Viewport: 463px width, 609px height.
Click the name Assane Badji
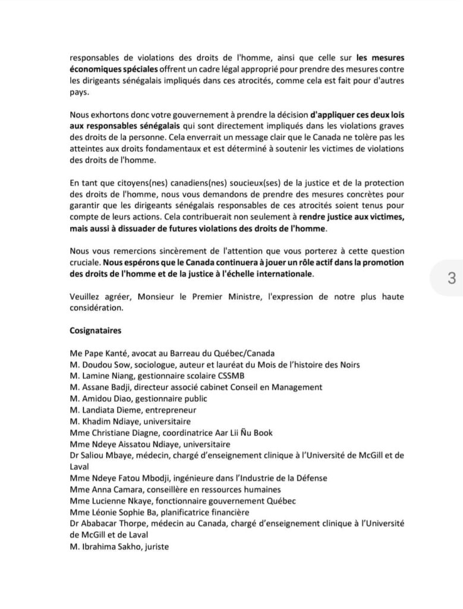(102, 387)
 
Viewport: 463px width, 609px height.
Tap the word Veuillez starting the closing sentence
(86, 296)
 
